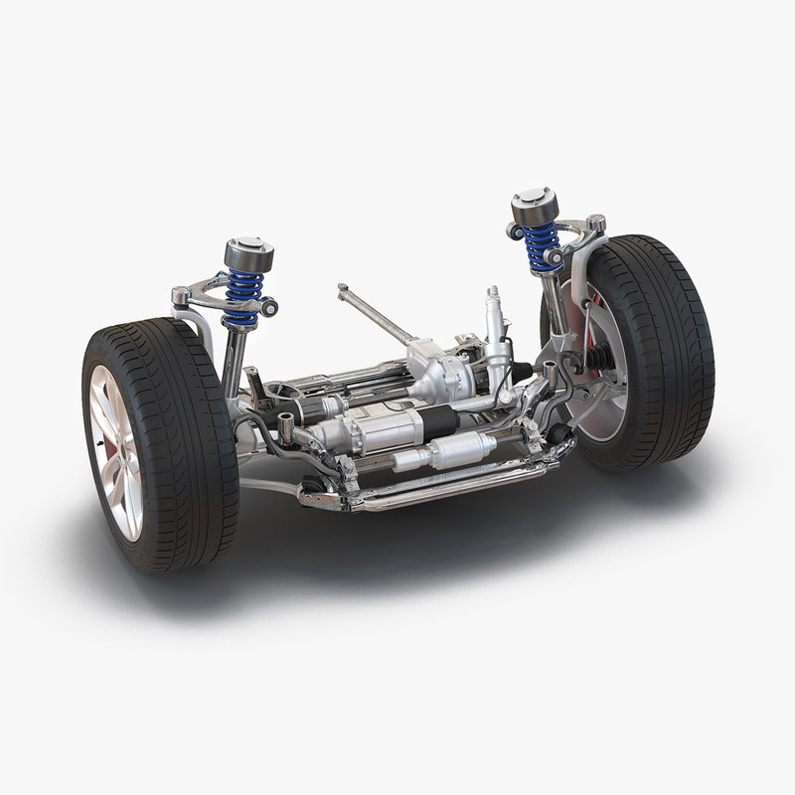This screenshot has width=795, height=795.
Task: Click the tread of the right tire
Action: coord(676,348)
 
